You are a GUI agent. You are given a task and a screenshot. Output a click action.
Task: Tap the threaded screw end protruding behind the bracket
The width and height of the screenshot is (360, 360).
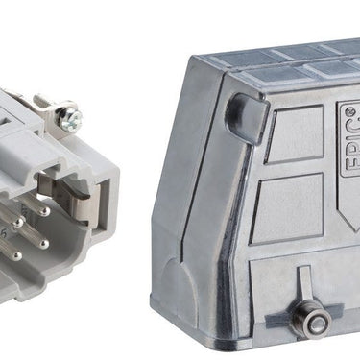[x=40, y=100]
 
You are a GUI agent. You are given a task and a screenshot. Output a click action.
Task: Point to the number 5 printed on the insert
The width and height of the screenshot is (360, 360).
[x=5, y=233]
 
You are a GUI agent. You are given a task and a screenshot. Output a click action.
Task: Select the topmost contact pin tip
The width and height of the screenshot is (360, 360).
[x=46, y=211]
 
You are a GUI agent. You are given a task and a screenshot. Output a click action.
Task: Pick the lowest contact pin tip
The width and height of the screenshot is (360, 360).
[x=17, y=255]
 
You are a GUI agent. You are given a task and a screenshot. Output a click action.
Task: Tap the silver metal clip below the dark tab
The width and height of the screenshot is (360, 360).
[x=84, y=208]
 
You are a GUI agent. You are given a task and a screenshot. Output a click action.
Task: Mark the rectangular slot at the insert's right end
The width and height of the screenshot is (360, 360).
[x=103, y=204]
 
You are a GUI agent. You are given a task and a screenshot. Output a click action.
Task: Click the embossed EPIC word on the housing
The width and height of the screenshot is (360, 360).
[x=351, y=145]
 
